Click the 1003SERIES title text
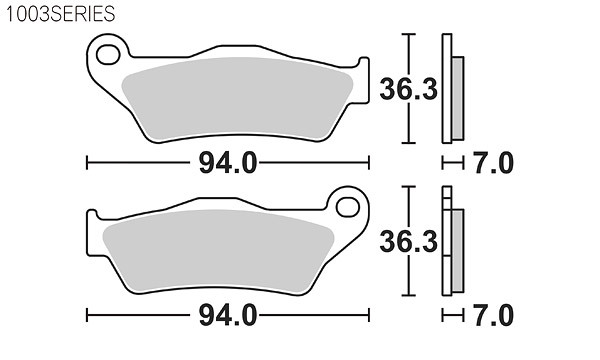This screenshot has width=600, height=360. click(60, 14)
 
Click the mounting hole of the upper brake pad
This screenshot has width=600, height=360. click(108, 54)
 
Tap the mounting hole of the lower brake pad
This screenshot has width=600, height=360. click(347, 207)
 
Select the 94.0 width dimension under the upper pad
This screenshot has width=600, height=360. click(228, 163)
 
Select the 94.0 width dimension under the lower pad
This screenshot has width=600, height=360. click(228, 316)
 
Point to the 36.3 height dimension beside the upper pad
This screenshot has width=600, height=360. click(408, 89)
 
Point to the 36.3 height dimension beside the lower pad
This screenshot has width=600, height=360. click(408, 242)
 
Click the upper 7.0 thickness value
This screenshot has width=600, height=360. click(494, 163)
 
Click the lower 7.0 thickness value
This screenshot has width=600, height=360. click(494, 316)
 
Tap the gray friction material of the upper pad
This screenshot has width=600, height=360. click(237, 99)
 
